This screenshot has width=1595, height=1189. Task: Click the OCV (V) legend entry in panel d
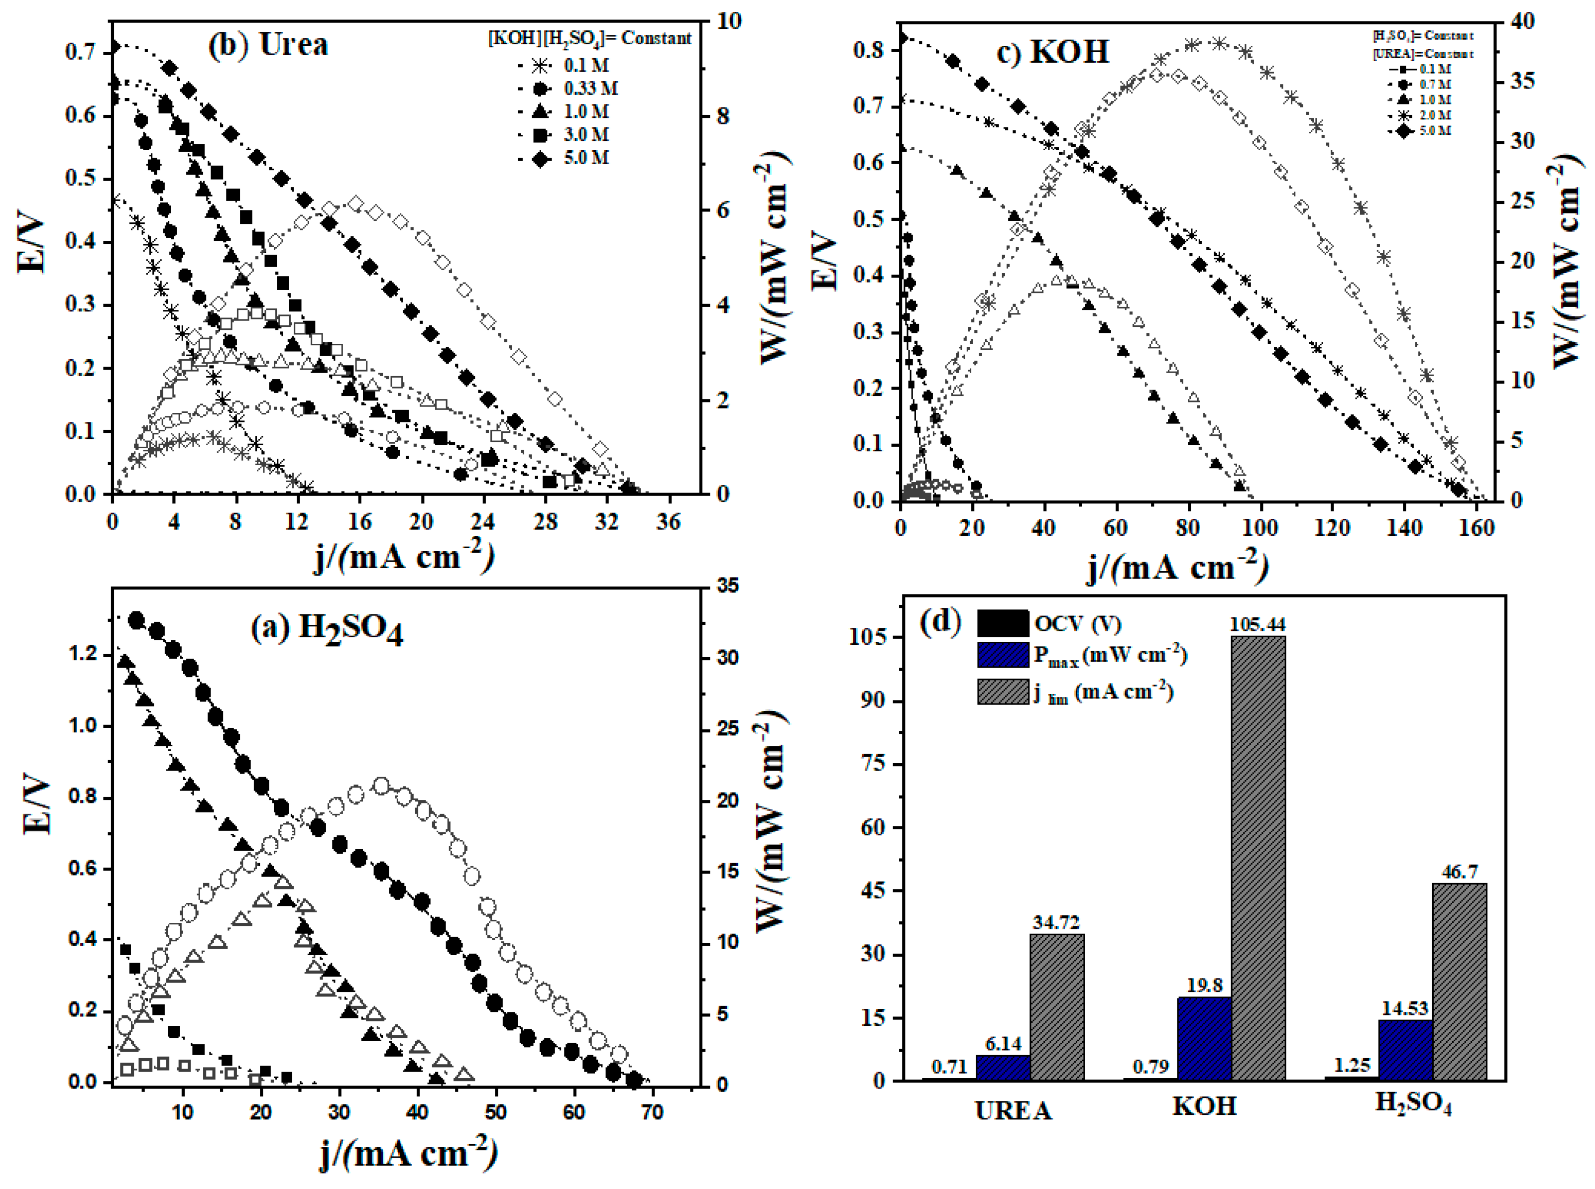1077,623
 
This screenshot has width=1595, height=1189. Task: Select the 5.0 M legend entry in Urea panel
586,158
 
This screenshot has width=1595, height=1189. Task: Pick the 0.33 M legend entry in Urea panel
590,89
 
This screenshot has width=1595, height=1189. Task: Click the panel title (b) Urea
268,45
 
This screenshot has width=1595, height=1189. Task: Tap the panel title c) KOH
1052,52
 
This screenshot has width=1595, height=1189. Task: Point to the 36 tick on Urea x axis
668,522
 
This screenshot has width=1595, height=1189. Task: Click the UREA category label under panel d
1013,1110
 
